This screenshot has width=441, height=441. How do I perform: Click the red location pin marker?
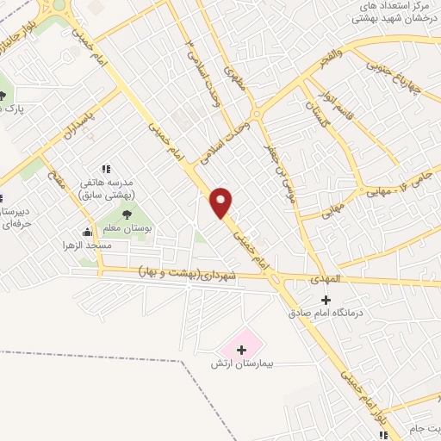221,202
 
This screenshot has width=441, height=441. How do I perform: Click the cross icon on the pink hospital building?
241,350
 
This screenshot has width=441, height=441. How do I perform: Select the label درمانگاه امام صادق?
326,314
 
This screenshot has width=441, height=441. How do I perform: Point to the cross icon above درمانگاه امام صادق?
326,299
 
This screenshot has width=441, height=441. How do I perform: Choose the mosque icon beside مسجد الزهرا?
87,232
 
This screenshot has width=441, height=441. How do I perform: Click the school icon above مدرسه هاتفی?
106,170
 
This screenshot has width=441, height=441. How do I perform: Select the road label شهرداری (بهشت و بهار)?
190,274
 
